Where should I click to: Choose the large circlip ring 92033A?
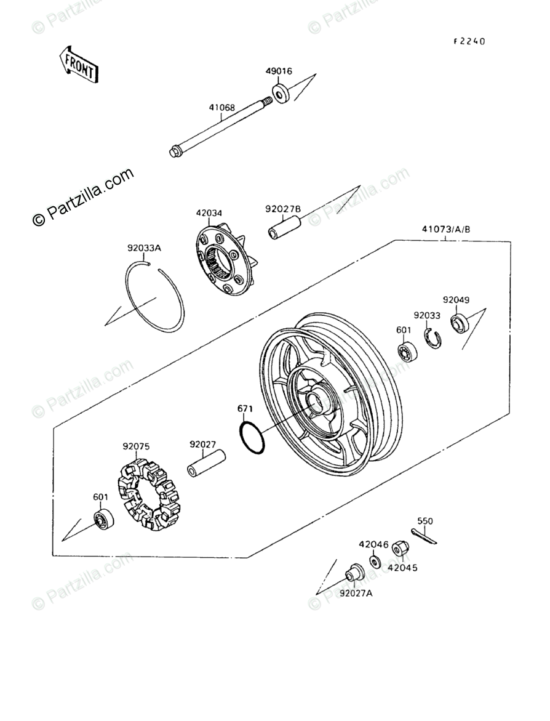click(156, 296)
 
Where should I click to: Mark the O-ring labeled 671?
click(251, 437)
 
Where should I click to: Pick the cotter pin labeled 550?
click(424, 536)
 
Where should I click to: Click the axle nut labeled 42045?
click(399, 547)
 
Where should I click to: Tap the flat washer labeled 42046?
click(374, 562)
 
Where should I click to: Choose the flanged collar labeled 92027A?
click(354, 573)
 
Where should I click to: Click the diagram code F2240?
click(469, 42)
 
